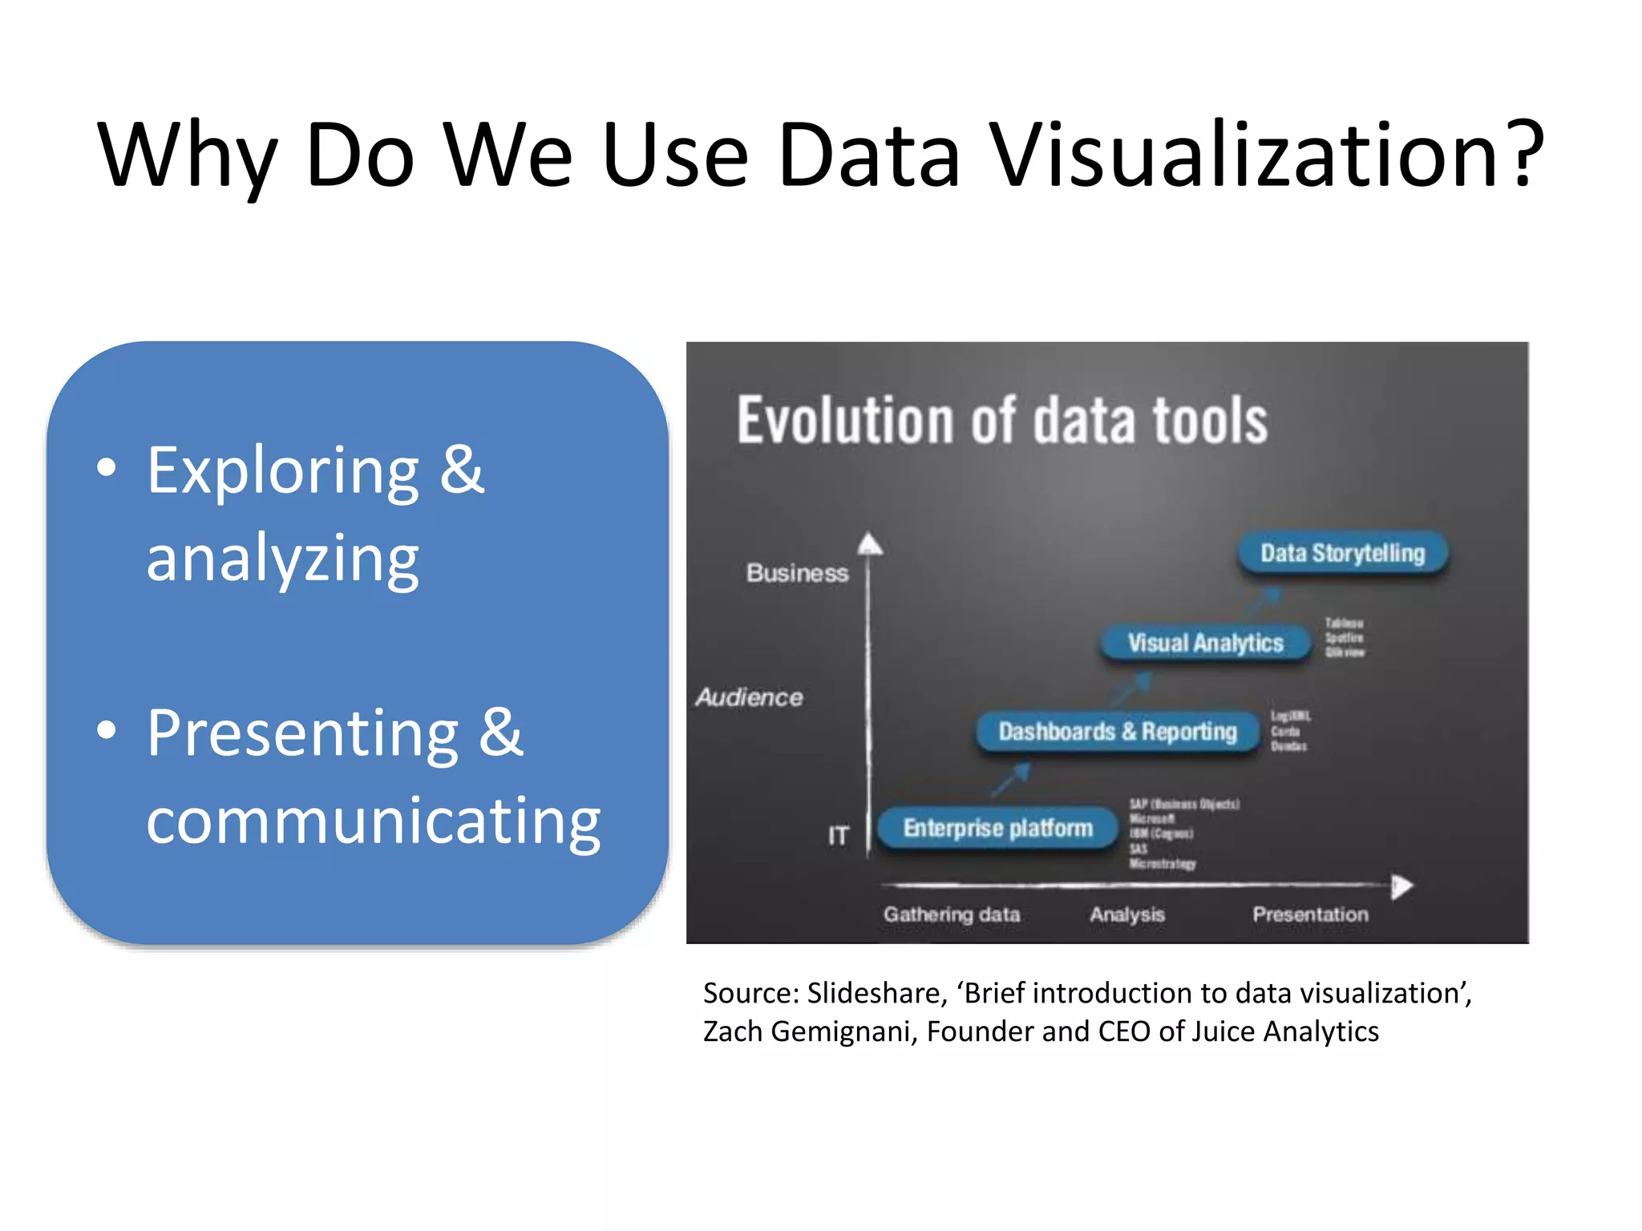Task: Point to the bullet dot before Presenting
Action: pos(106,730)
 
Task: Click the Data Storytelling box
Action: pos(1342,553)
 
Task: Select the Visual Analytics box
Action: pos(1204,643)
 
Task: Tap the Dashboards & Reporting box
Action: pos(1117,732)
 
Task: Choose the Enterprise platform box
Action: pos(997,828)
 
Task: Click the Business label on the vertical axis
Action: pos(797,573)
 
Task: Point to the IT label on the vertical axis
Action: pos(838,836)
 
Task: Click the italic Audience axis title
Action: pos(749,697)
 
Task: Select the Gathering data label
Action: pos(952,914)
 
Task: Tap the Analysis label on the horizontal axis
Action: pos(1126,914)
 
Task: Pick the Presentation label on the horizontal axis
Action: pos(1310,914)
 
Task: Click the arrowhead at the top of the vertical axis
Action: pos(870,545)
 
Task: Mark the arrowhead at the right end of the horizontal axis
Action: pos(1401,886)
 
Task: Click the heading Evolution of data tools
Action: pos(1002,420)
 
